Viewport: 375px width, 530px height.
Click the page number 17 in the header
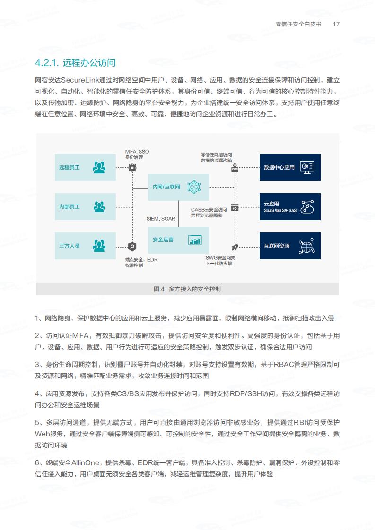(336, 24)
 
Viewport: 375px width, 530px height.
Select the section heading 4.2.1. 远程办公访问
(75, 62)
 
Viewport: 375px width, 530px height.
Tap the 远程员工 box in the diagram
(85, 167)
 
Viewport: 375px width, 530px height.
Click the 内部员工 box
(85, 206)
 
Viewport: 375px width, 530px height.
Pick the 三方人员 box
(85, 246)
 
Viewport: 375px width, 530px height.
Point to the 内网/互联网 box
(178, 187)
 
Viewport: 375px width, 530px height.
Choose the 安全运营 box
(178, 240)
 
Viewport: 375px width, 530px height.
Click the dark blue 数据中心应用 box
(290, 167)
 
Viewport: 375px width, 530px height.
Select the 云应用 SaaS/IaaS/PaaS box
(290, 206)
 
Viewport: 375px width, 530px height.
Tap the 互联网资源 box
(290, 246)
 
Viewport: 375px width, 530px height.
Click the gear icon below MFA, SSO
(132, 168)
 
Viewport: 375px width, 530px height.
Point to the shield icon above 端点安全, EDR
(132, 247)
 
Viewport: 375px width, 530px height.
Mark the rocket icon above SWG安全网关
(235, 247)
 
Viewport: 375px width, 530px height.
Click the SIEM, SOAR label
(161, 219)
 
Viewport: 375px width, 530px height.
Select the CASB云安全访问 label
(209, 210)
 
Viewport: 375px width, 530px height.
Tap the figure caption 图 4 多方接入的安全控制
(187, 289)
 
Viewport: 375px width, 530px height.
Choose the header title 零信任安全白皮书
(298, 24)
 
